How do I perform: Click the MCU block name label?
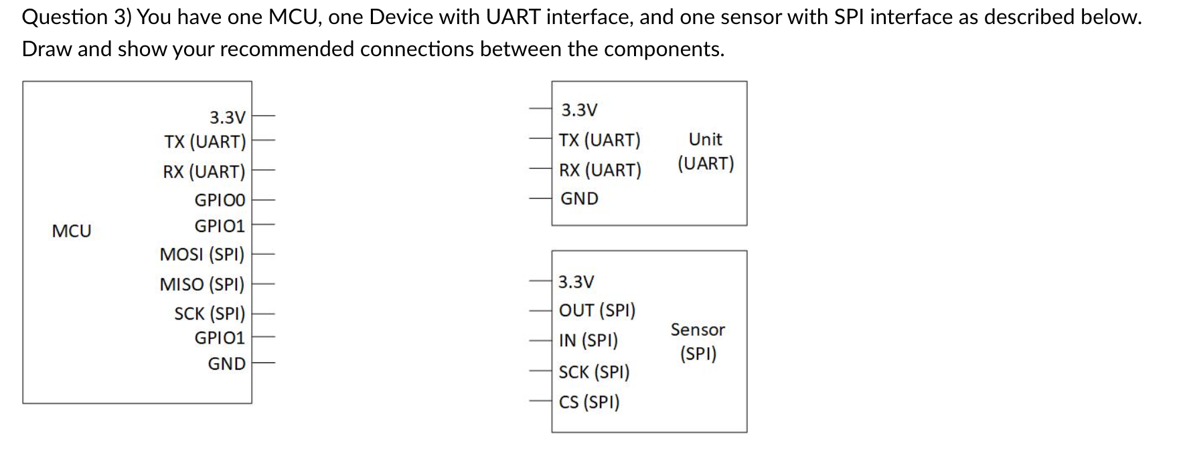click(x=72, y=231)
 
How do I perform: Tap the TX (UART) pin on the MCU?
click(x=205, y=142)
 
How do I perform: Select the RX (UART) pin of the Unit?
click(x=600, y=170)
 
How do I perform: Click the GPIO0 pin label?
click(x=220, y=200)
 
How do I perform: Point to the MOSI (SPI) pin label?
click(x=202, y=255)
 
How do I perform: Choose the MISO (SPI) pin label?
click(x=202, y=285)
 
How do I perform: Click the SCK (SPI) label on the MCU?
click(x=210, y=314)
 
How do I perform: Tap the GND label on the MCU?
click(x=226, y=364)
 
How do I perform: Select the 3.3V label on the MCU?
click(x=227, y=118)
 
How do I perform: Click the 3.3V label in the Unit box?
click(x=579, y=110)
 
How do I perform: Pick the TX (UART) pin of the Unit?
click(x=600, y=140)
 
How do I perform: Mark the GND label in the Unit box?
click(x=579, y=199)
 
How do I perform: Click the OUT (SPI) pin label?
click(x=597, y=310)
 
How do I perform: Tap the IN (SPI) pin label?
click(x=588, y=340)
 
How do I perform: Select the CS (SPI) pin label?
click(x=589, y=402)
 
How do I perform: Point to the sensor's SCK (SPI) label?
click(x=595, y=372)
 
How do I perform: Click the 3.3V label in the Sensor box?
click(x=576, y=282)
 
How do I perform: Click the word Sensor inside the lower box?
click(x=698, y=330)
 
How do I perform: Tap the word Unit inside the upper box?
click(x=705, y=140)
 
